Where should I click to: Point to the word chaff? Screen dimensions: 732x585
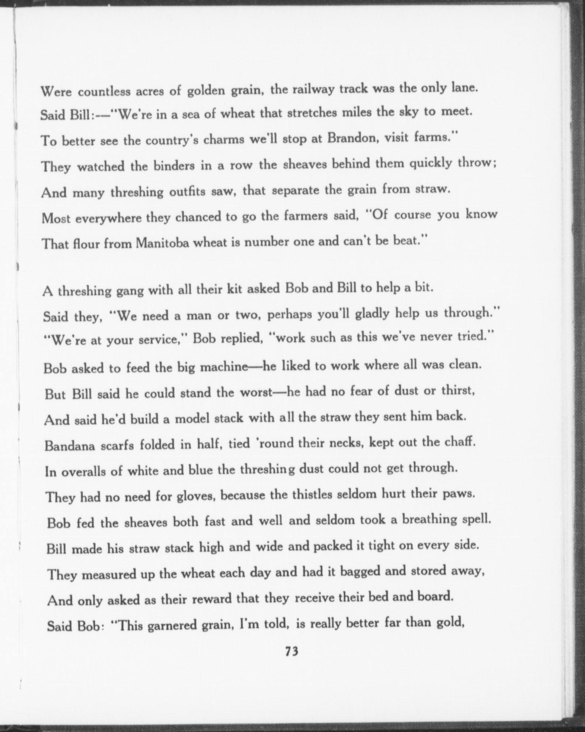point(462,442)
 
